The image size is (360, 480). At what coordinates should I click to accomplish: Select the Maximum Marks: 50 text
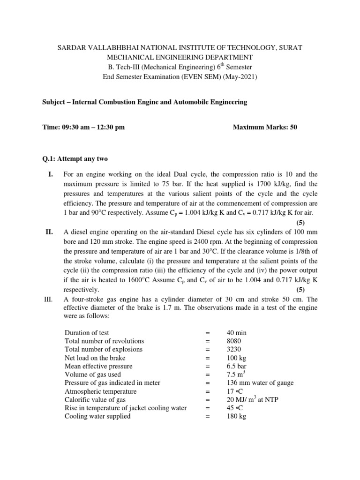click(265, 127)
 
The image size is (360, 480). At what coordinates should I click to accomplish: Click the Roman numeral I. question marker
click(48, 175)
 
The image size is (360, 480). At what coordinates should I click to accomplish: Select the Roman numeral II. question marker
click(48, 232)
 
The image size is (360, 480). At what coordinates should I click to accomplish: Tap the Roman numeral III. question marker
click(49, 299)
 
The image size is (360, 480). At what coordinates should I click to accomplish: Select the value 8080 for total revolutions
click(233, 341)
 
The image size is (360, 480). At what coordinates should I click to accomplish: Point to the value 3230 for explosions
click(233, 349)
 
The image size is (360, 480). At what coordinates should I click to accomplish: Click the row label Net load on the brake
click(95, 358)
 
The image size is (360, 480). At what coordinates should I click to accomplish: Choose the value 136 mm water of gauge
click(259, 383)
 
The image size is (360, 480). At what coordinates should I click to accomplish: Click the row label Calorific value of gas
click(96, 399)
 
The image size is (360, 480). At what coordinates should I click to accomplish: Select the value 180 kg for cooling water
click(235, 416)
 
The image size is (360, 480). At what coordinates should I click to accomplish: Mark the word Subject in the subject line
click(54, 102)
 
